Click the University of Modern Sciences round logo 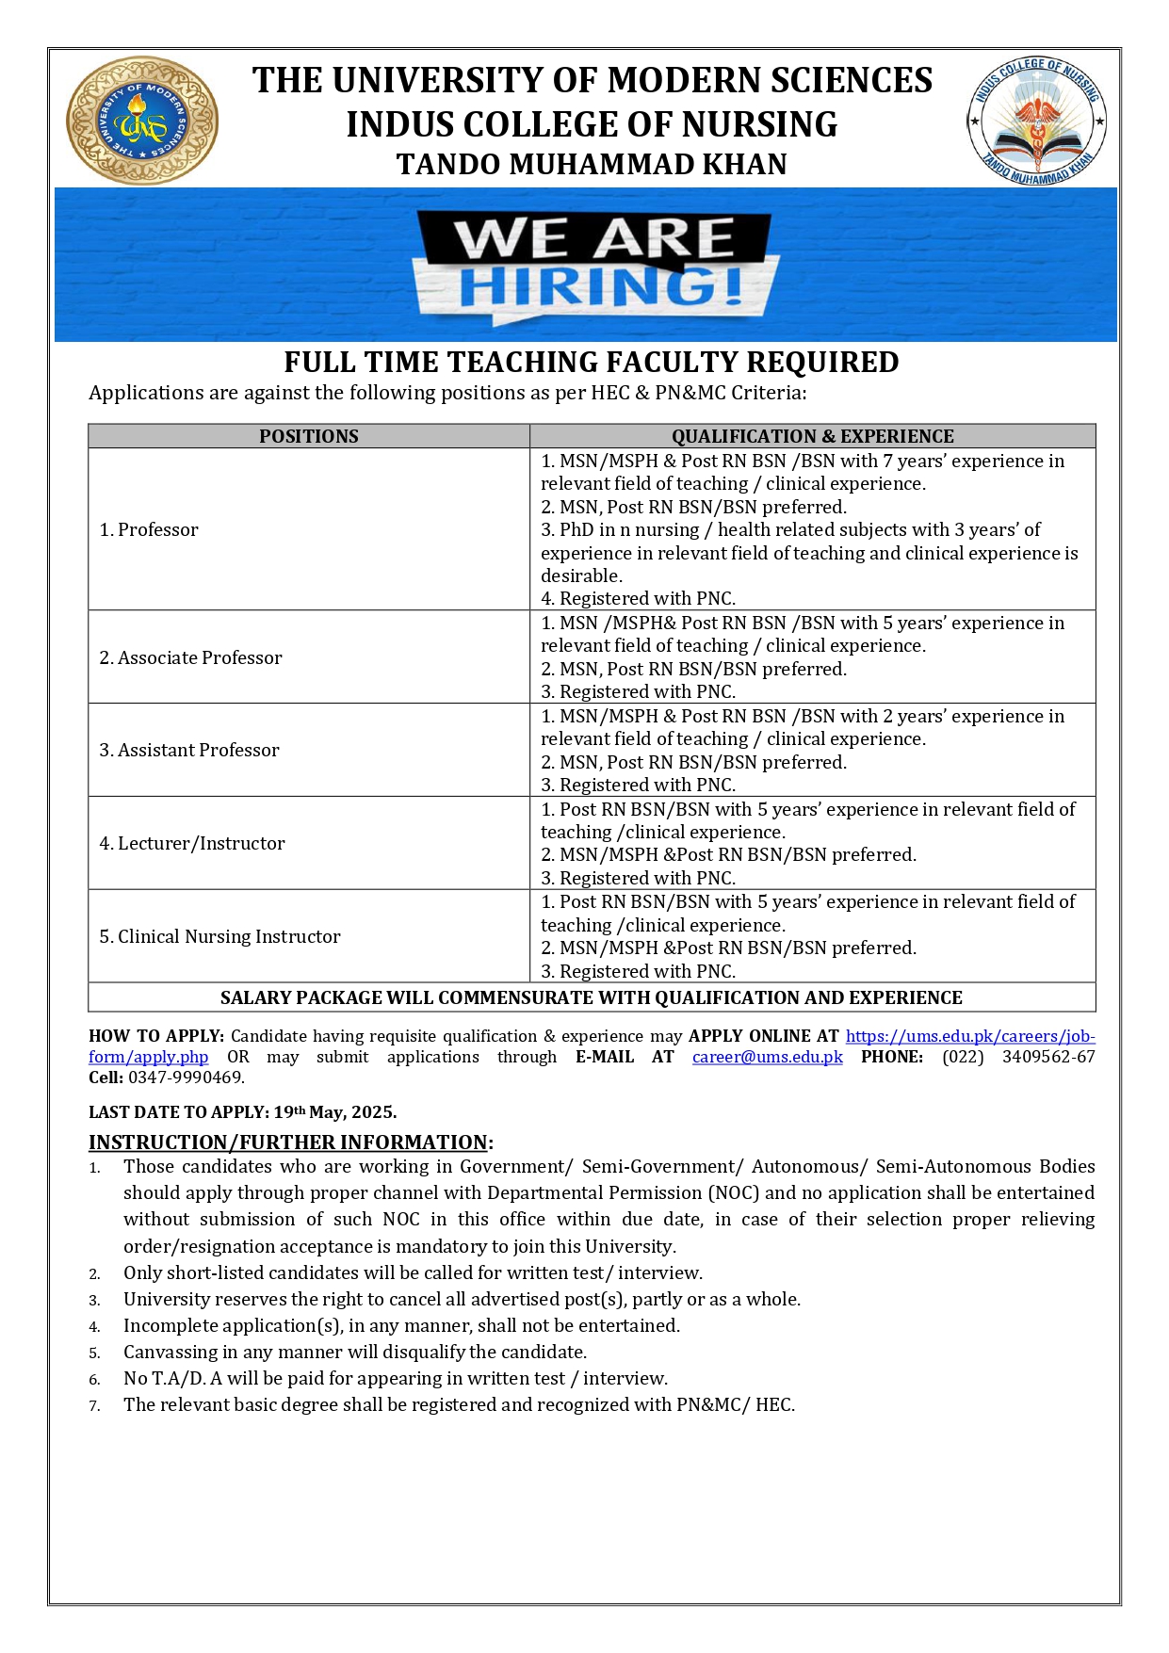pos(142,121)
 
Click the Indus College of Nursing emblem pos(1036,122)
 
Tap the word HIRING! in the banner pos(600,287)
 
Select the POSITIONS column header pos(309,436)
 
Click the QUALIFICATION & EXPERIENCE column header pos(812,436)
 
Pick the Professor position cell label pos(149,529)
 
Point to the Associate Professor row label pos(190,657)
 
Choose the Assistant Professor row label pos(189,750)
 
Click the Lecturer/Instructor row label pos(192,843)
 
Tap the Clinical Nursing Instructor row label pos(219,936)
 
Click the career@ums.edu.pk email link pos(767,1057)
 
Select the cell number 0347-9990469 pos(187,1078)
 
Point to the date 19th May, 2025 pos(335,1111)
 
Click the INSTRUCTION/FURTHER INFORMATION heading pos(288,1143)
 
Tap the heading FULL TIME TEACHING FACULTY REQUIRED pos(592,363)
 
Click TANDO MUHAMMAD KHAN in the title pos(592,165)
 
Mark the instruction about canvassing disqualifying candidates pos(355,1352)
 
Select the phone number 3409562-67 pos(1048,1057)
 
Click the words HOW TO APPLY pos(155,1036)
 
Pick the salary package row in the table pos(592,997)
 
